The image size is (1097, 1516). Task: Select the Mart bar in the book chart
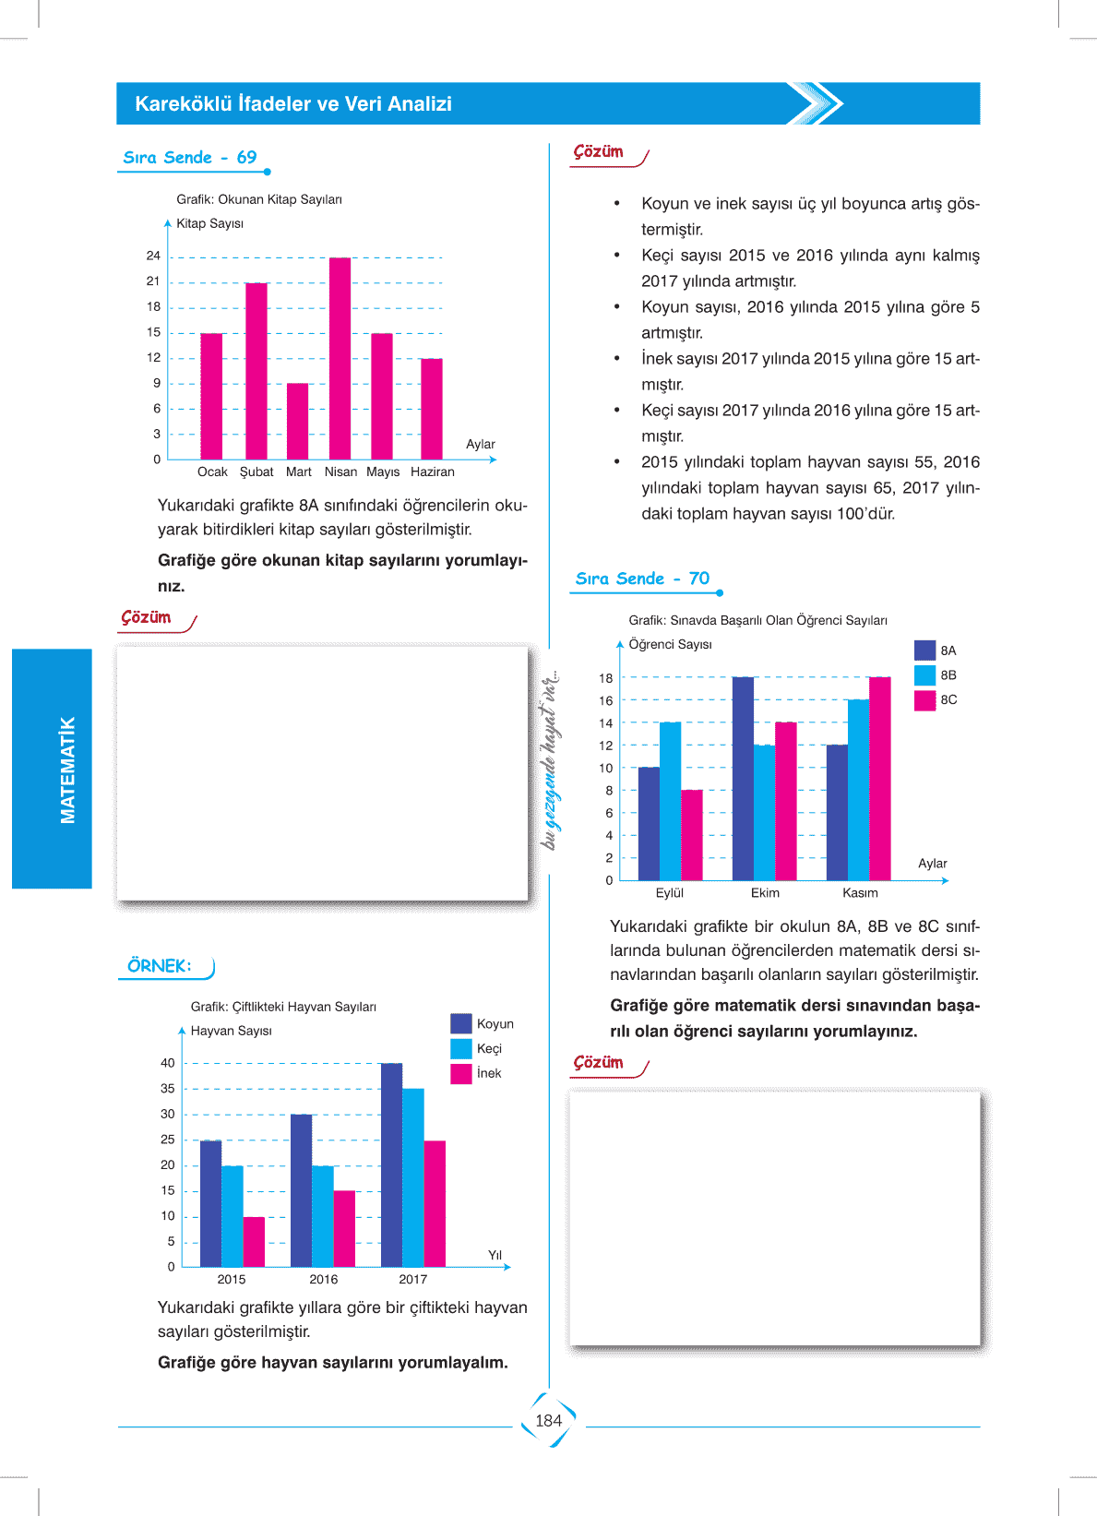297,421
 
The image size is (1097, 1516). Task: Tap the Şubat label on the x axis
256,472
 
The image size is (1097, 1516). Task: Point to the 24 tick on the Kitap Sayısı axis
153,256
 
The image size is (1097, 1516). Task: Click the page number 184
548,1421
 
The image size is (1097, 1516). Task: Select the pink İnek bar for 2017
435,1203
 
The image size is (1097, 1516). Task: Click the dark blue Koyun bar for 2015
210,1203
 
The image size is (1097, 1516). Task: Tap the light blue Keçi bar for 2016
322,1216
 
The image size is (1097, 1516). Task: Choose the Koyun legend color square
461,1023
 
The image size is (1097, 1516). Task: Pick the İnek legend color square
461,1073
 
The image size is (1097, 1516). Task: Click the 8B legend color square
924,675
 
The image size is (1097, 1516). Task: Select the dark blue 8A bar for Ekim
743,779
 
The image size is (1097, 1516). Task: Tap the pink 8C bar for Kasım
879,779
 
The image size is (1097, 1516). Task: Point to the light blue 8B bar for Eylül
670,801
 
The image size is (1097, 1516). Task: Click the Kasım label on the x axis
860,892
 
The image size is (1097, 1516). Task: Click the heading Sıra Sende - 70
642,579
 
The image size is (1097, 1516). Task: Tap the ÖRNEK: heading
160,966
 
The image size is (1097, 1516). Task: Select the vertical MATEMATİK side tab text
67,770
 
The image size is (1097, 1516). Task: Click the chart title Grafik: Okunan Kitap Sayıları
259,199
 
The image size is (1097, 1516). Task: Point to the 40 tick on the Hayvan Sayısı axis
167,1063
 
